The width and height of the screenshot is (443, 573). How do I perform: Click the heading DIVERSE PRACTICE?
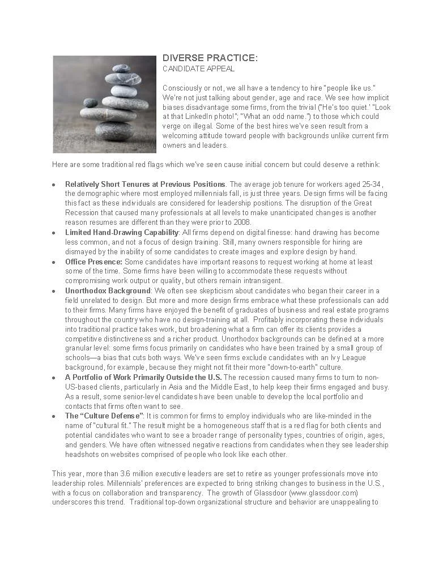tap(210, 58)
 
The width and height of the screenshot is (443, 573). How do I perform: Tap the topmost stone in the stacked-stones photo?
tap(121, 69)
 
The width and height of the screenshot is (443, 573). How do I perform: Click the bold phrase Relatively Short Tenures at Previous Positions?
tap(145, 184)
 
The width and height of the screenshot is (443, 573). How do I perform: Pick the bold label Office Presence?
tap(93, 262)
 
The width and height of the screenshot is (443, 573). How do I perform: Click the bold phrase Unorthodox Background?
tap(108, 291)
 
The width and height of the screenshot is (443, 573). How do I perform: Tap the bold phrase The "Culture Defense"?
tap(104, 416)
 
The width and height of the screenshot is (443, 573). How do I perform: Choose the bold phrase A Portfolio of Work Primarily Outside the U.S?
tap(143, 378)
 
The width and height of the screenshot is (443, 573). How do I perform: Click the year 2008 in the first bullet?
tap(226, 223)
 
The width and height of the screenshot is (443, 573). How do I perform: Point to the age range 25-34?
tap(371, 184)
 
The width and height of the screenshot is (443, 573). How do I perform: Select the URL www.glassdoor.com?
tap(323, 493)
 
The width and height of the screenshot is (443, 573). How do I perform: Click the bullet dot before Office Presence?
tap(53, 262)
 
